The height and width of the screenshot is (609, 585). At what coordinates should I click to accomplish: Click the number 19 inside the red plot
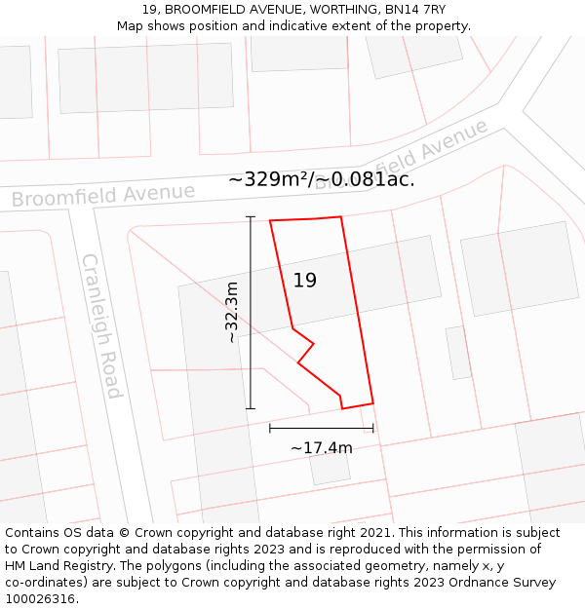pos(305,281)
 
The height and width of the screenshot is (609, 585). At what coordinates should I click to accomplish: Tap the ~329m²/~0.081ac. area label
pos(322,179)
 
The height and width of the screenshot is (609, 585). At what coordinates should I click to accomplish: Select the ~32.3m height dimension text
pos(232,312)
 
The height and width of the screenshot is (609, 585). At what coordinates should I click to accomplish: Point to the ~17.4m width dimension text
pos(322,448)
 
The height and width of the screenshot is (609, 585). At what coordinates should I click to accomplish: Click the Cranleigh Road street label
pos(101,326)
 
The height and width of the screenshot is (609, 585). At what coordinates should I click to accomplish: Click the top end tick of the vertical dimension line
pos(251,216)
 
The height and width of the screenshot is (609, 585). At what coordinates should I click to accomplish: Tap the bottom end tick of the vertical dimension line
pos(251,408)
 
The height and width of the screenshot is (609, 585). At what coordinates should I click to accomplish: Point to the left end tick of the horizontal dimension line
pos(270,428)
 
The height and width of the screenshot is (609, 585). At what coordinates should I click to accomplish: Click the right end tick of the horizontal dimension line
pos(373,428)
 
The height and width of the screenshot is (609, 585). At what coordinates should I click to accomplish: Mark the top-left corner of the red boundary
pos(270,221)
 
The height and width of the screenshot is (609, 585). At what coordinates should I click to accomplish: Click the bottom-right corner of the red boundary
pos(373,402)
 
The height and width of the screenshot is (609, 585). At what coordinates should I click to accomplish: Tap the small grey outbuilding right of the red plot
pos(458,352)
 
